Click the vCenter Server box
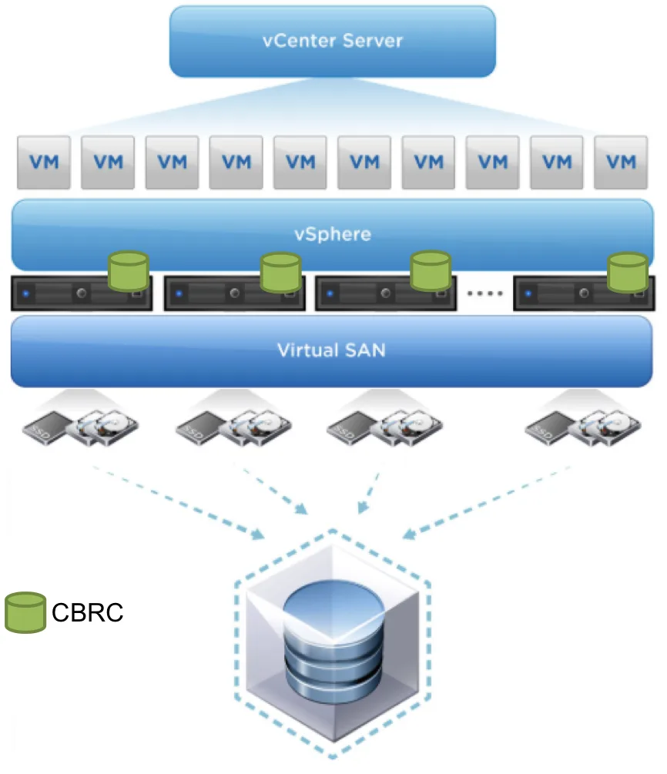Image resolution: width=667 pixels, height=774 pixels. tap(332, 42)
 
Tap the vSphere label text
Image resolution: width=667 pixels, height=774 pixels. tap(332, 234)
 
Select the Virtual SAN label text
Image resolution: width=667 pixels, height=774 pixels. tap(331, 350)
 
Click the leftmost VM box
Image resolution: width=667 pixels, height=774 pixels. tap(44, 163)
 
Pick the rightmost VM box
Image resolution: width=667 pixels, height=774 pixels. tap(621, 163)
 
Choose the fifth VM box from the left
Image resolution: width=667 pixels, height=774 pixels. tap(300, 163)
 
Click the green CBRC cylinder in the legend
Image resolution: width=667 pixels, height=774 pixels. tap(25, 612)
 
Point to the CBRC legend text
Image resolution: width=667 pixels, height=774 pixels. tap(87, 612)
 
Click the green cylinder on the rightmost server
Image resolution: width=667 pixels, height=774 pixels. tap(628, 272)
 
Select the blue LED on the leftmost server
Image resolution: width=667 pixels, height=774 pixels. tap(26, 293)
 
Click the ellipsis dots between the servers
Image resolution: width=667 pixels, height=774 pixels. tap(484, 293)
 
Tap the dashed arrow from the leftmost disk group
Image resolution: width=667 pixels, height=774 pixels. tap(179, 502)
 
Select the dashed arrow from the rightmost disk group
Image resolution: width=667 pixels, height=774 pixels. tap(487, 502)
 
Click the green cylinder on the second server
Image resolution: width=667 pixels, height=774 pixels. tap(280, 272)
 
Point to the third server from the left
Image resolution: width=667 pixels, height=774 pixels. tap(386, 293)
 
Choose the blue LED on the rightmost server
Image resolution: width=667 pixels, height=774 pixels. tap(528, 293)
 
